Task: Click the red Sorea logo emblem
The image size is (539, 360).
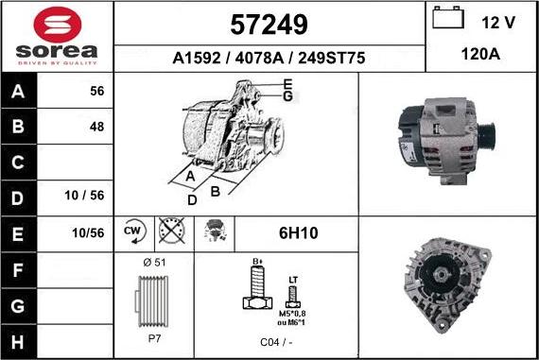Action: [58, 25]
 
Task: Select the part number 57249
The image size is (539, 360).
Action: [269, 25]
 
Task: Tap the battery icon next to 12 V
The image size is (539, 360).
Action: [448, 18]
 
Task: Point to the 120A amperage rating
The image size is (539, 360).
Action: [480, 54]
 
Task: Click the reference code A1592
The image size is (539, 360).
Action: [197, 58]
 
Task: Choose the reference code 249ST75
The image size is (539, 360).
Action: [331, 58]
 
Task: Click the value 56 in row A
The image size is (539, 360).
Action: [97, 91]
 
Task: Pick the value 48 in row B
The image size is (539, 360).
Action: [97, 127]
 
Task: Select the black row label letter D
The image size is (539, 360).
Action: [18, 198]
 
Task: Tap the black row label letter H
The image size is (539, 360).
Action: [18, 342]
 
